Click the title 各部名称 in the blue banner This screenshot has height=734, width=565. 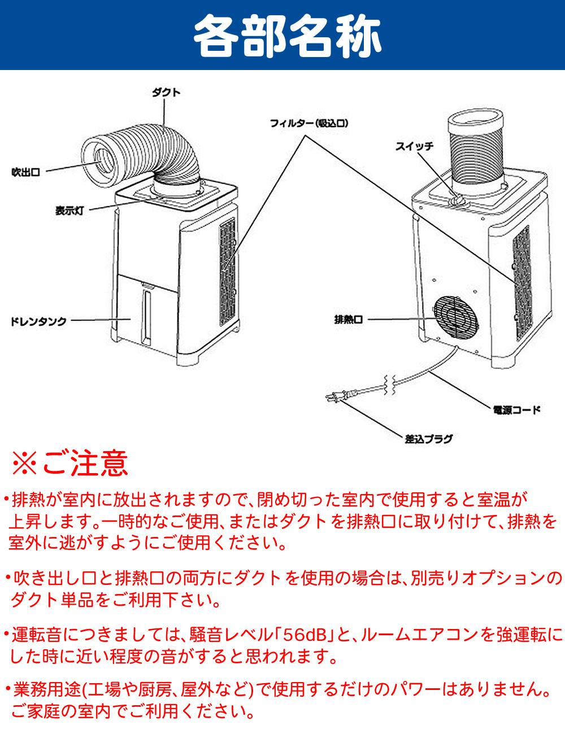[282, 35]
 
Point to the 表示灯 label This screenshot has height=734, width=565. [70, 210]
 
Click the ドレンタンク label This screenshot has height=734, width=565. [39, 321]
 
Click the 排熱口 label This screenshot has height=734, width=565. [348, 320]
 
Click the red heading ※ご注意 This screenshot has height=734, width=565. [71, 463]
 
